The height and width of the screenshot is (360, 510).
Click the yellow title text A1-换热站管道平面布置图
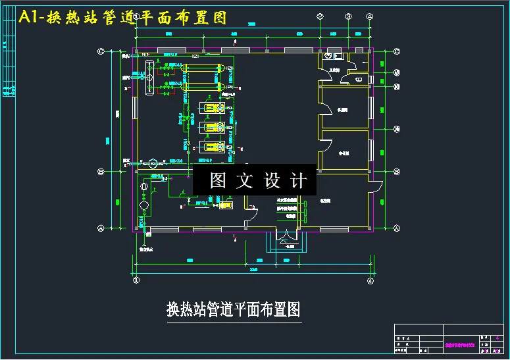tap(123, 18)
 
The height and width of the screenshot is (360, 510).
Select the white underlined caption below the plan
tap(234, 309)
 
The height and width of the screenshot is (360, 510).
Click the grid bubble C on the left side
tap(101, 51)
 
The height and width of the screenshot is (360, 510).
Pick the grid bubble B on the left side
tap(101, 172)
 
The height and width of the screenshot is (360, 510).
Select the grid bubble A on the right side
tap(397, 228)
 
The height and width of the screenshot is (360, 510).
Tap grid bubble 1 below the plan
tap(137, 280)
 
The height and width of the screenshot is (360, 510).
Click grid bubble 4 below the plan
tap(371, 280)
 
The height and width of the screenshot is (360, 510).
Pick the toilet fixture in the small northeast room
tap(359, 78)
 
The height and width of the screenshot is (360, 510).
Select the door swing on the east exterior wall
tap(376, 186)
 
